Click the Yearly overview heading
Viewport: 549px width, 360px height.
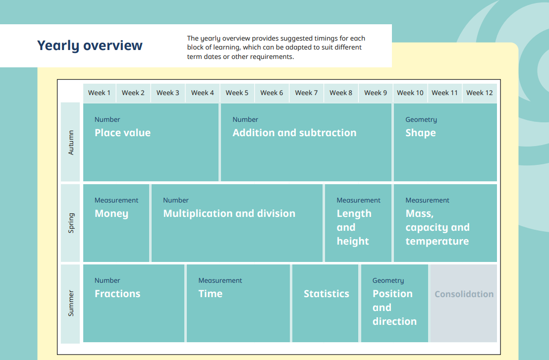click(90, 46)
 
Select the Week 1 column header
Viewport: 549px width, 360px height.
click(99, 93)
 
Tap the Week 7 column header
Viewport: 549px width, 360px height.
click(306, 93)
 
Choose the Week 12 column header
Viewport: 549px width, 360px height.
click(479, 93)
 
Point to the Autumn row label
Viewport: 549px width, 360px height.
click(71, 143)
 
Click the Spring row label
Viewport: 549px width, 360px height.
click(71, 223)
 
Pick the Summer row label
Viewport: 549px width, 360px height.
click(71, 303)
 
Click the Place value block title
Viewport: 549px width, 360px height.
click(122, 133)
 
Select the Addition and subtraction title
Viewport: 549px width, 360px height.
click(294, 133)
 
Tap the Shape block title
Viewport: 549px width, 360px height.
click(421, 133)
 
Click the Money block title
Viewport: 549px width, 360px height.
click(111, 214)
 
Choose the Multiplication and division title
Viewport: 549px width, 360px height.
click(229, 213)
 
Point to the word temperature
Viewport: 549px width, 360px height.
click(437, 241)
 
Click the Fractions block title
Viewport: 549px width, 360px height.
click(117, 294)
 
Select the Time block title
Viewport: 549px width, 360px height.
click(210, 294)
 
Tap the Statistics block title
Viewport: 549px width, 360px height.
click(327, 294)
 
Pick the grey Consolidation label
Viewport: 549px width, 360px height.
click(464, 294)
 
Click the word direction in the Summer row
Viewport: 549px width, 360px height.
click(394, 321)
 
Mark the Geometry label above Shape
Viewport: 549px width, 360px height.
click(421, 120)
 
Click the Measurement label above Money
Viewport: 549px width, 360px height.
click(116, 200)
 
